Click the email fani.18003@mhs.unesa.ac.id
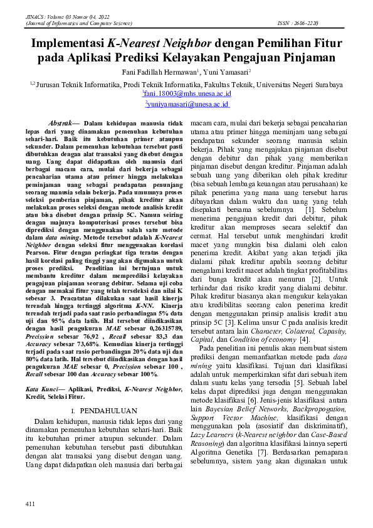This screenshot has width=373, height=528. tap(187, 94)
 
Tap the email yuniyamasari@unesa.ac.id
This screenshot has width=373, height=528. tap(187, 105)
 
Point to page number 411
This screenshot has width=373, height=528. tap(29, 504)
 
